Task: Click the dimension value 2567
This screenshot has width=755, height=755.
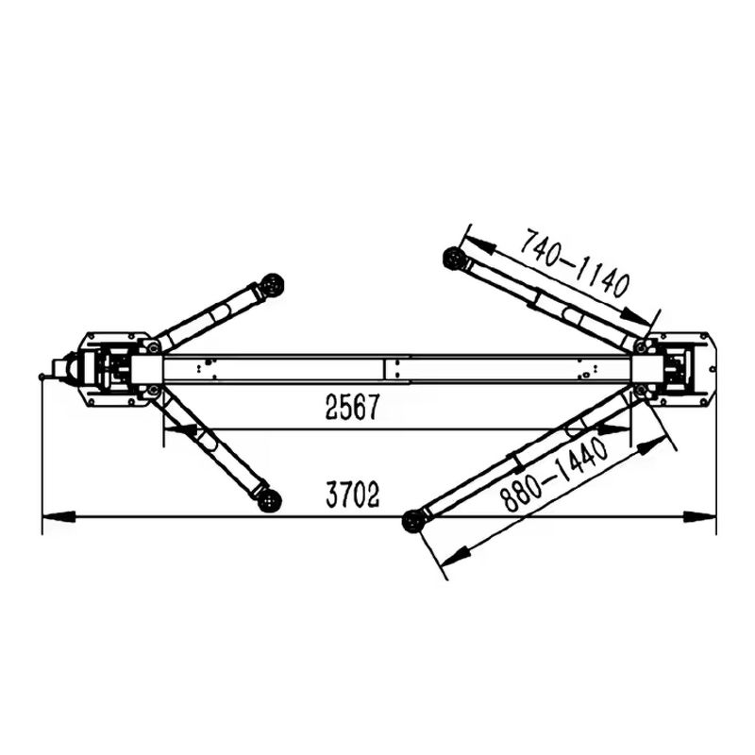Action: coord(351,409)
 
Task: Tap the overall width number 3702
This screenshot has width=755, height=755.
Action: coord(352,494)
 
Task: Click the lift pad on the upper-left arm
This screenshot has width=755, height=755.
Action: coord(274,282)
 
